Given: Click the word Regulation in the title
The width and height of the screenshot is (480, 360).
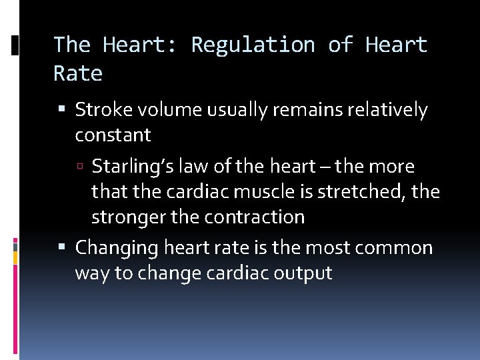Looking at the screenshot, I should click(x=253, y=45).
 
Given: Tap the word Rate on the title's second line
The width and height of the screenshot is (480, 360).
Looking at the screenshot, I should click(x=78, y=73).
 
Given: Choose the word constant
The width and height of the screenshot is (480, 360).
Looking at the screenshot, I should click(x=113, y=135).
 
